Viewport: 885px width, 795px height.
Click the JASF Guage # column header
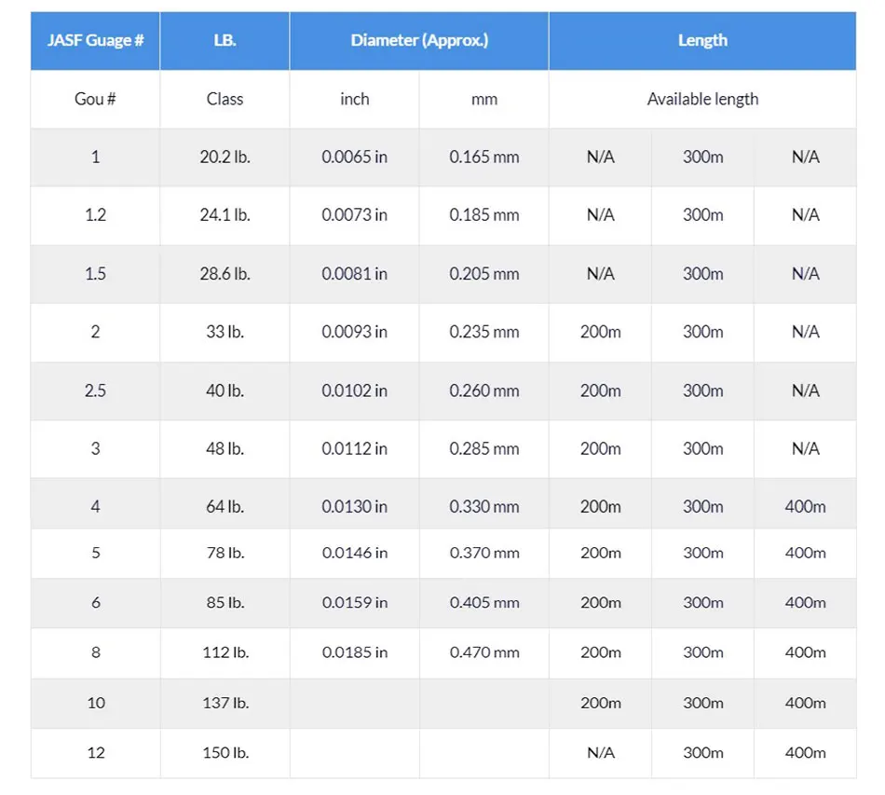[95, 41]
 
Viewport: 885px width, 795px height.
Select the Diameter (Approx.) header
[419, 41]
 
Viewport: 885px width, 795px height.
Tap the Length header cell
[702, 41]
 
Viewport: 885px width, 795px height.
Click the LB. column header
[225, 41]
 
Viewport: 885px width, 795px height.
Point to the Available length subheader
[702, 99]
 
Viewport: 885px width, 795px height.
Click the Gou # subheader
[95, 99]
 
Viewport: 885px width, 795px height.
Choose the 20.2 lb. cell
[225, 158]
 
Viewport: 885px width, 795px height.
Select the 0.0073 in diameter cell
[354, 215]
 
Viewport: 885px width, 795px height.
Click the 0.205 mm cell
[484, 274]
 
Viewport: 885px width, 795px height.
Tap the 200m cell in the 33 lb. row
[600, 332]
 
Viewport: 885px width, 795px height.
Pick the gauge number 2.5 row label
[95, 391]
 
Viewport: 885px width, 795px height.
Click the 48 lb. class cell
[225, 448]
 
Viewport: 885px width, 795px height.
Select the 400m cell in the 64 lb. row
[805, 507]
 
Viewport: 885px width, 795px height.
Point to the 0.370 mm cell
[484, 553]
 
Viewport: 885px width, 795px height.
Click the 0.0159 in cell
[354, 603]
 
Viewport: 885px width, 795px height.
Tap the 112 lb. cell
[225, 652]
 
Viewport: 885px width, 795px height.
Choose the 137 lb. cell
[225, 703]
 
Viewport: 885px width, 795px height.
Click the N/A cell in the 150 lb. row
[600, 753]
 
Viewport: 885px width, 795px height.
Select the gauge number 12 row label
[95, 753]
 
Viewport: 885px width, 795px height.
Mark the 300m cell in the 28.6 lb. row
[702, 274]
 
